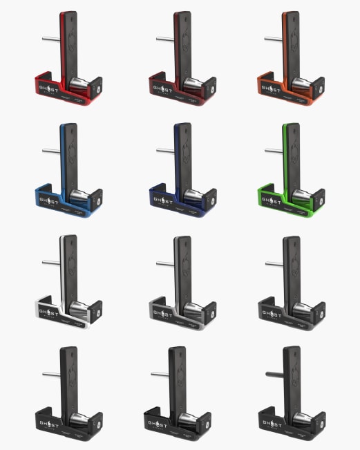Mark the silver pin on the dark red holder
pyautogui.click(x=164, y=38)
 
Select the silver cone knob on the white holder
pyautogui.click(x=81, y=306)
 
